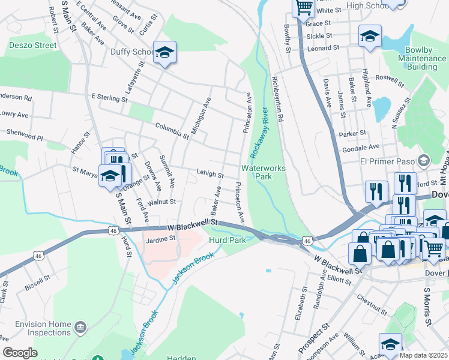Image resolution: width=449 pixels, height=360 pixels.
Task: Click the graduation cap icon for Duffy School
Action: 164,53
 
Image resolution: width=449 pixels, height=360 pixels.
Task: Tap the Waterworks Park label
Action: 263,173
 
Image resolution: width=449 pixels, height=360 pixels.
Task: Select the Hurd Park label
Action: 228,240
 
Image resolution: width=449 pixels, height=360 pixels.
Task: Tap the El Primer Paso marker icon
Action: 424,160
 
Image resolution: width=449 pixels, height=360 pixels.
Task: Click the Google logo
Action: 19,353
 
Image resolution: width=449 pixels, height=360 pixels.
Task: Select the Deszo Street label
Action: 32,45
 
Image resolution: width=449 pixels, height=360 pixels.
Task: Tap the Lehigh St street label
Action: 210,175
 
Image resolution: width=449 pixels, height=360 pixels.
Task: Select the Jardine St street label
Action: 160,238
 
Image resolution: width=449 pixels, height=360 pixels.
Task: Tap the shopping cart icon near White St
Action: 304,7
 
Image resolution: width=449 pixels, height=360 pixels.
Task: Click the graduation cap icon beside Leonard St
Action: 370,36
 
